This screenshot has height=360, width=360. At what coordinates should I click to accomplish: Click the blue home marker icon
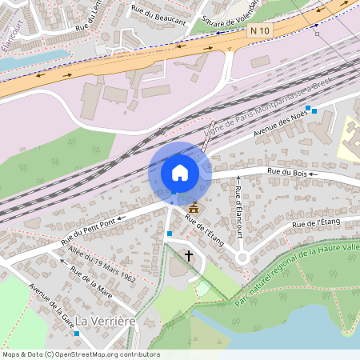pyautogui.click(x=180, y=172)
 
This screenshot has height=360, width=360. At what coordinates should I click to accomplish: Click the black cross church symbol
pyautogui.click(x=189, y=256)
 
